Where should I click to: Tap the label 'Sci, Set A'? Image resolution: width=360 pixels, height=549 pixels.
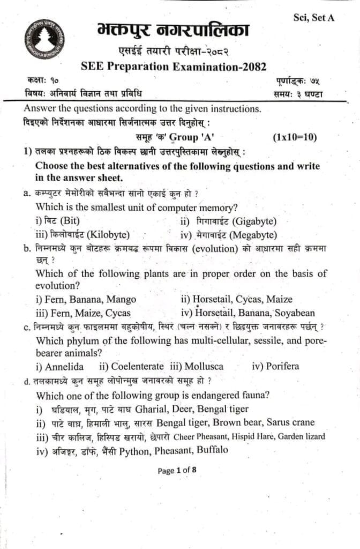tap(314, 18)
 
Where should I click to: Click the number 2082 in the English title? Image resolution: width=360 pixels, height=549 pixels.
tap(251, 67)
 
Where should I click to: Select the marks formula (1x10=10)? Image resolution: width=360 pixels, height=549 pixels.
tap(295, 137)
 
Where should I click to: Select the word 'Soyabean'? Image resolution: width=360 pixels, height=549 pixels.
tap(295, 313)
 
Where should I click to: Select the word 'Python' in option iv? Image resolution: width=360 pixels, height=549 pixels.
tap(138, 450)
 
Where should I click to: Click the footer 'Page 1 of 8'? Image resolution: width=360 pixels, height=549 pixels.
tap(177, 471)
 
